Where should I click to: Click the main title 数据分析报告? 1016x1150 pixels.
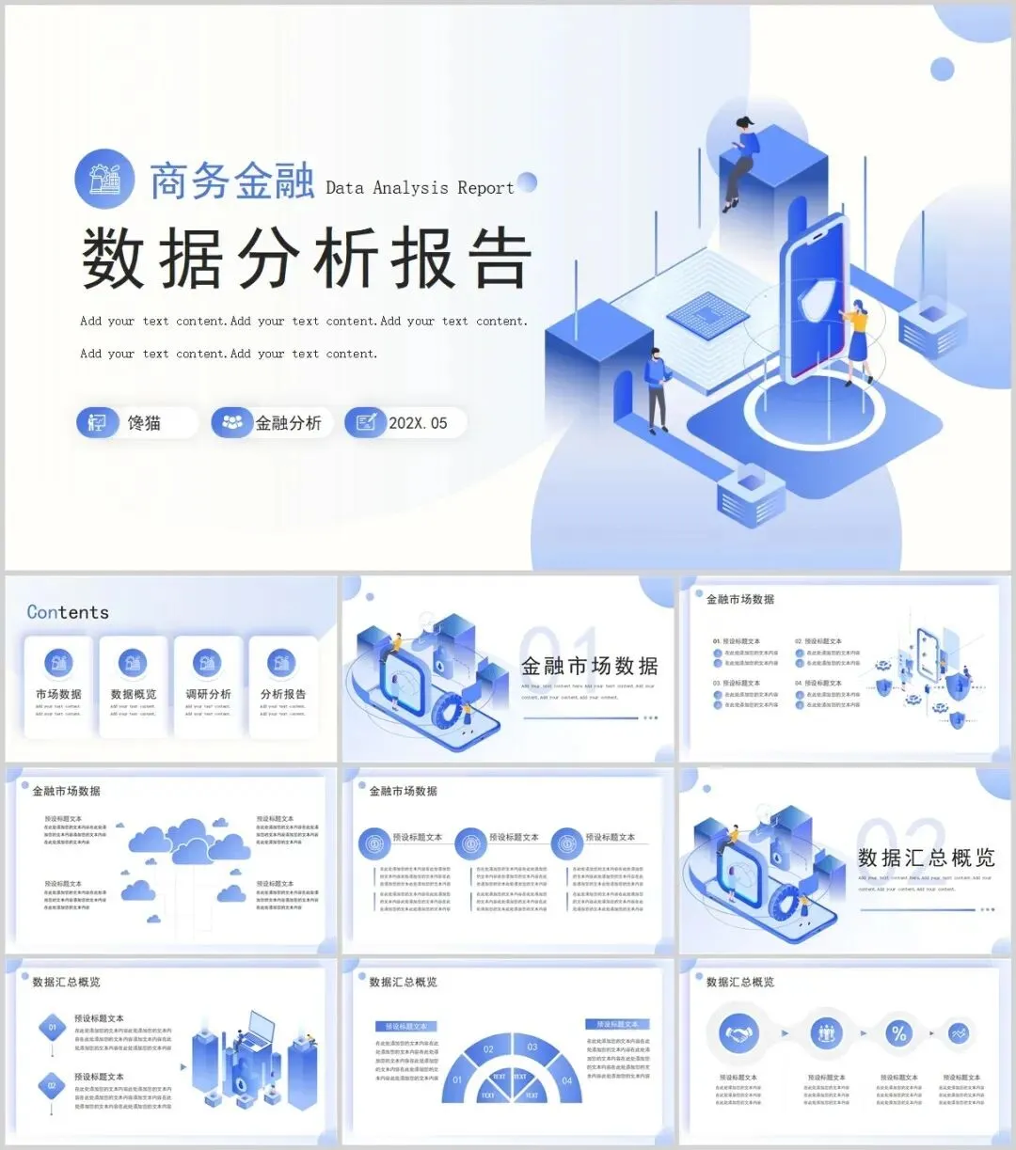pyautogui.click(x=307, y=259)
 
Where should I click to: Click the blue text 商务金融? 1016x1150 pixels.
pyautogui.click(x=231, y=181)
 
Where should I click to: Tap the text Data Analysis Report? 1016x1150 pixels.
pyautogui.click(x=420, y=188)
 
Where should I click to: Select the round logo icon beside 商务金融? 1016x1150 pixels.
pyautogui.click(x=104, y=179)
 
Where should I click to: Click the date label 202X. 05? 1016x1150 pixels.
pyautogui.click(x=418, y=423)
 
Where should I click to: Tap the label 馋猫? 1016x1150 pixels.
pyautogui.click(x=144, y=423)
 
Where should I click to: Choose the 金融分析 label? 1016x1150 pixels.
pyautogui.click(x=288, y=423)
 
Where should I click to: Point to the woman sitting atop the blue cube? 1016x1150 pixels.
pyautogui.click(x=740, y=160)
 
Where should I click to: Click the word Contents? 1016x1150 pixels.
pyautogui.click(x=68, y=612)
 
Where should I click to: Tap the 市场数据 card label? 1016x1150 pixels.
pyautogui.click(x=58, y=694)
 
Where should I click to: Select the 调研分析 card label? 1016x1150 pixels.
pyautogui.click(x=208, y=694)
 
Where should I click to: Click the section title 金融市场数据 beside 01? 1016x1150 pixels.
pyautogui.click(x=590, y=667)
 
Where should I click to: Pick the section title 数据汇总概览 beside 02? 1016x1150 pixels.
pyautogui.click(x=926, y=858)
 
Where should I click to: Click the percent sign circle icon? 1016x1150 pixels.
pyautogui.click(x=898, y=1033)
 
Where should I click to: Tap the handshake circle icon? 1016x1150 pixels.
pyautogui.click(x=738, y=1033)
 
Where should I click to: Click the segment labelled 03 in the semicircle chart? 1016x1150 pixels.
pyautogui.click(x=532, y=1047)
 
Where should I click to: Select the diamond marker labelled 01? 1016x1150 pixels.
pyautogui.click(x=53, y=1028)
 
